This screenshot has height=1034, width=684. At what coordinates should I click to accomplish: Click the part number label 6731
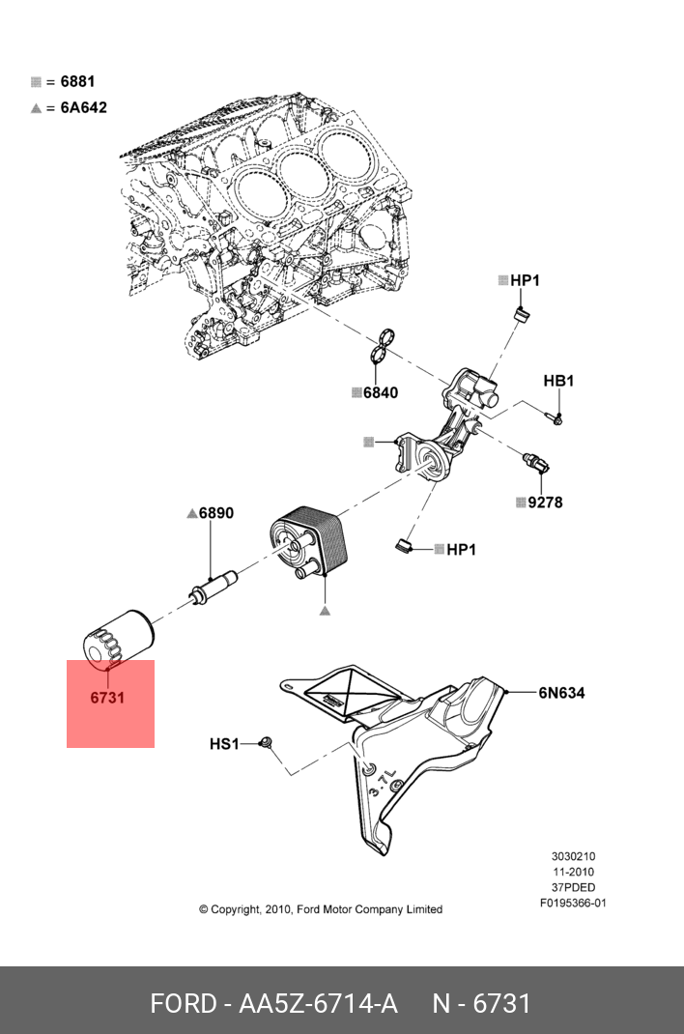(x=107, y=697)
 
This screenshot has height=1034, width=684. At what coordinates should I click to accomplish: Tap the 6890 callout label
(x=215, y=514)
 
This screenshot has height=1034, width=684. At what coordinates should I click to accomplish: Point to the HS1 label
(x=224, y=744)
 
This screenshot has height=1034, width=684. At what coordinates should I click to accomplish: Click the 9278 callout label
(x=545, y=503)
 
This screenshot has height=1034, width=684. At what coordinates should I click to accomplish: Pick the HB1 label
(x=558, y=381)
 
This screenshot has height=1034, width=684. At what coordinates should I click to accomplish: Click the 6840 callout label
(x=380, y=393)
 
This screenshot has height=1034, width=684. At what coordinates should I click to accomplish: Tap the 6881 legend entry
(x=77, y=82)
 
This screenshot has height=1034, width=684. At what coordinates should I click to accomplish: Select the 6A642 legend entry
(x=83, y=107)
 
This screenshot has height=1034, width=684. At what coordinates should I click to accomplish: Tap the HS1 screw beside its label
(x=269, y=743)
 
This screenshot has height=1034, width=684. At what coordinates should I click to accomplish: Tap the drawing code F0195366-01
(x=573, y=903)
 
